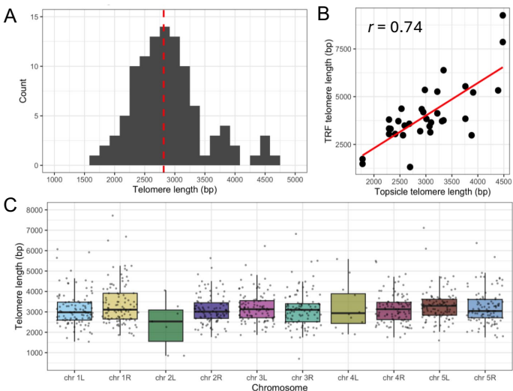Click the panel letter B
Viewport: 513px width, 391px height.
pos(324,13)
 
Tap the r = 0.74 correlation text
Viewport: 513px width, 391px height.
pos(395,28)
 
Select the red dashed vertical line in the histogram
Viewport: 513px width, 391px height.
pos(163,90)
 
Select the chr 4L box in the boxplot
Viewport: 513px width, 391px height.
pos(347,308)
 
